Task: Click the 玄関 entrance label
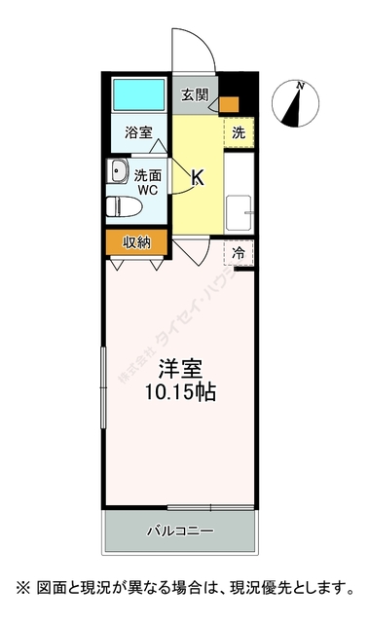194,95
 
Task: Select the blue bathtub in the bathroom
138,94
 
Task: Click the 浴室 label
138,133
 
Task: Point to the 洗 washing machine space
239,133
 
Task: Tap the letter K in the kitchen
198,177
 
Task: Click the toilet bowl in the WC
118,205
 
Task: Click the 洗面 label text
147,176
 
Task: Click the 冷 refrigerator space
239,252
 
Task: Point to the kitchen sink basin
239,210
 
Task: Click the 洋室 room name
180,372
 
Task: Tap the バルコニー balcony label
180,531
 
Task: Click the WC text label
147,192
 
